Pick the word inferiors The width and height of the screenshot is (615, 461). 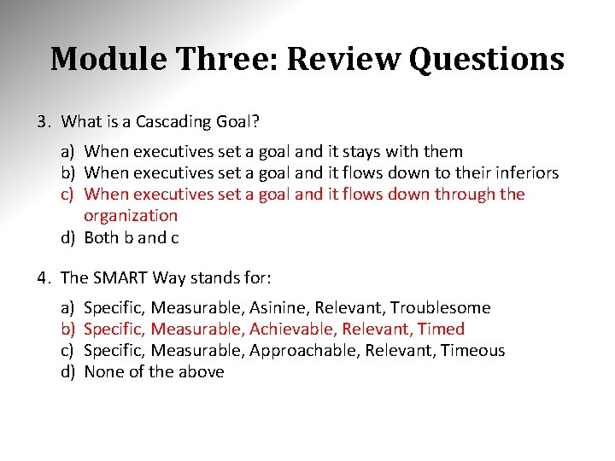(x=524, y=173)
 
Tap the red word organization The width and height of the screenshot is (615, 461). (x=131, y=216)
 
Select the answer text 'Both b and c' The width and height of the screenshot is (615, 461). (x=132, y=238)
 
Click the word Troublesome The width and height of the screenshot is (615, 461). (x=442, y=308)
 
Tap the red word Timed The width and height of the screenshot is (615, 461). (x=441, y=330)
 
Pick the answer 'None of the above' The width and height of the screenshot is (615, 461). (x=154, y=372)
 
